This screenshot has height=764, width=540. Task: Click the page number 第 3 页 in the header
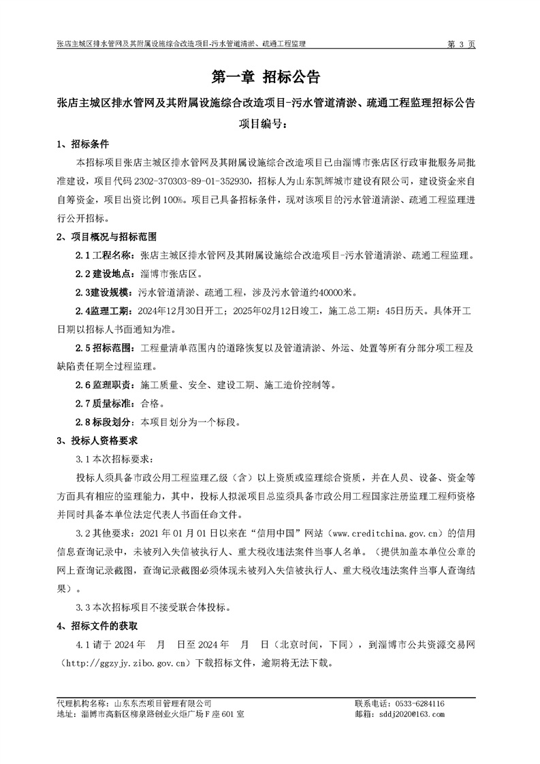click(x=460, y=44)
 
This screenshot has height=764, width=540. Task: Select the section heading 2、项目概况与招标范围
click(x=106, y=238)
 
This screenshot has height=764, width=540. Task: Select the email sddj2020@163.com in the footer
click(x=413, y=714)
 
